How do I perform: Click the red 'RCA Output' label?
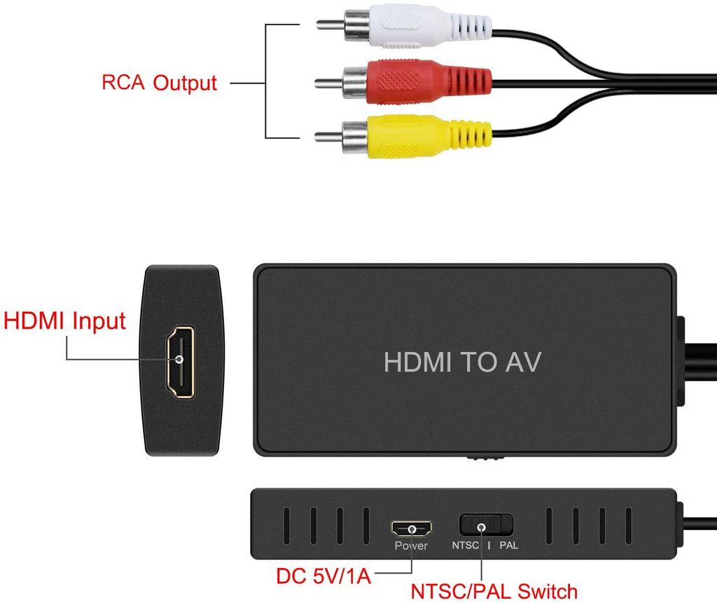160,83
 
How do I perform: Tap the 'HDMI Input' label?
64,321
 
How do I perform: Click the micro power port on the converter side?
411,529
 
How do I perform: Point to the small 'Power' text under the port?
411,546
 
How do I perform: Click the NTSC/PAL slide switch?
486,525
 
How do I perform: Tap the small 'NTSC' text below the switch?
465,546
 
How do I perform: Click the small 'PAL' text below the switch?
508,546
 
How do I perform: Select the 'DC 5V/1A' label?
323,576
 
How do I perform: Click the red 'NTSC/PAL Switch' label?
494,590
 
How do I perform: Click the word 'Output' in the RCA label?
186,83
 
